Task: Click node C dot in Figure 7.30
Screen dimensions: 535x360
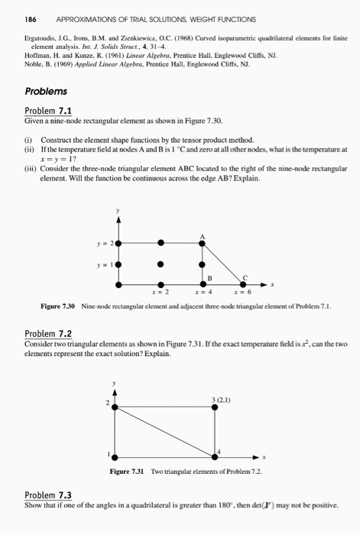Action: coord(245,284)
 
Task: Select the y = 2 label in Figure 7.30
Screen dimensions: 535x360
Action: coord(105,243)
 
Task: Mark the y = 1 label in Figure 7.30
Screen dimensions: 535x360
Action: coord(105,264)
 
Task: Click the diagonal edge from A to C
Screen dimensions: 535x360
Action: coord(225,264)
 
